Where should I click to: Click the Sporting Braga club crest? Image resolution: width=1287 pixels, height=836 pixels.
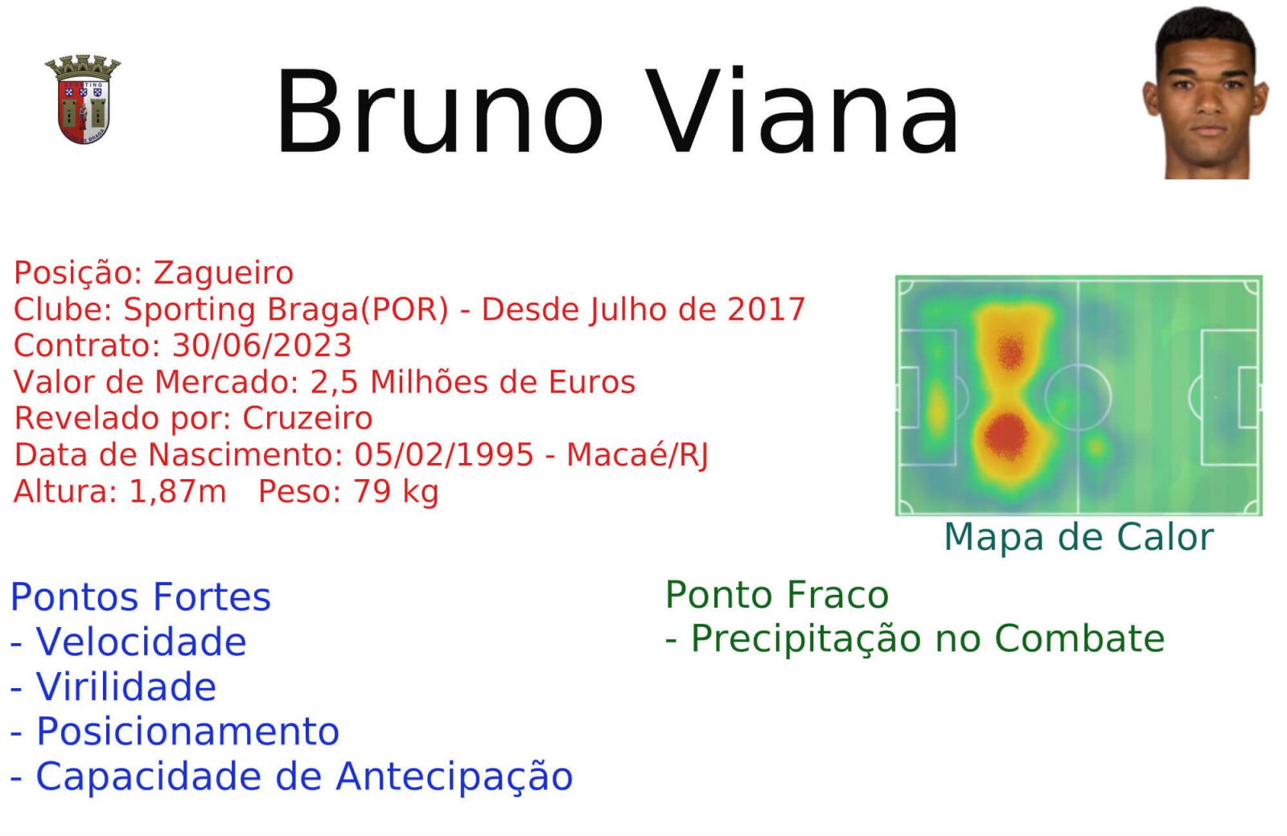[84, 100]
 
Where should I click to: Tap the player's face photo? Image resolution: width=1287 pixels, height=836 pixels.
[1206, 93]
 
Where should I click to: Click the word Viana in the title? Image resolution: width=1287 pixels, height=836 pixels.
[802, 112]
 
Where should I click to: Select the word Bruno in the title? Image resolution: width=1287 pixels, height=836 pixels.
[439, 112]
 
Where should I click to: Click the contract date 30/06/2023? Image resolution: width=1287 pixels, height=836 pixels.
[262, 346]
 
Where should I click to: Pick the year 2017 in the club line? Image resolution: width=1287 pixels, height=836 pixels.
[767, 309]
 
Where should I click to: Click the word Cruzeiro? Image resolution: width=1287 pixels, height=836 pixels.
[307, 418]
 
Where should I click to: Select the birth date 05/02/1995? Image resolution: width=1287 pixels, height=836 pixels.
[444, 455]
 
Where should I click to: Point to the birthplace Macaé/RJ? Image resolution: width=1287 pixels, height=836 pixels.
[638, 456]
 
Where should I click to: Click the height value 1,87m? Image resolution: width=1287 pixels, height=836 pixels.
[178, 492]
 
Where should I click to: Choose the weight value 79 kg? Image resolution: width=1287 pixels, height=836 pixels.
[396, 492]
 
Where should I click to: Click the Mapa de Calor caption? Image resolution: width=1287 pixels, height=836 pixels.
[1079, 538]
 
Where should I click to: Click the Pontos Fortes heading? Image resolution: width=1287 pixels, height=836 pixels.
[141, 597]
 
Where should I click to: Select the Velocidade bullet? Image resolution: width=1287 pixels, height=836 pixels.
[129, 641]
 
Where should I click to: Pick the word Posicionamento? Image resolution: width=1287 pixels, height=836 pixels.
[188, 731]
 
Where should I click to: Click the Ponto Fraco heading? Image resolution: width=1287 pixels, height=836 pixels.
[777, 595]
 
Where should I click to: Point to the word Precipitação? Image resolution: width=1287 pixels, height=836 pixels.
[806, 640]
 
